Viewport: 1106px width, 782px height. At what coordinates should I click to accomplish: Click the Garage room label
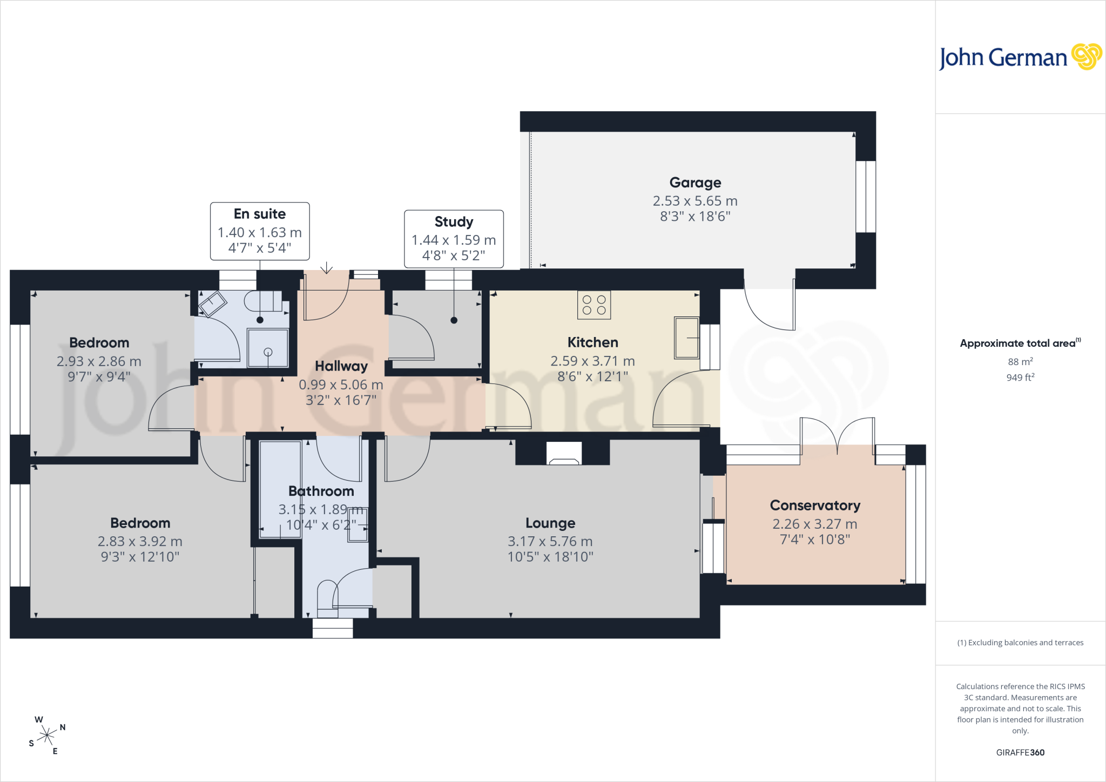(695, 183)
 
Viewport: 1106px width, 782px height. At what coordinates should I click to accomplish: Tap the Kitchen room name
(592, 342)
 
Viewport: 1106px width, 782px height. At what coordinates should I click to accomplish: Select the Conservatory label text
(815, 505)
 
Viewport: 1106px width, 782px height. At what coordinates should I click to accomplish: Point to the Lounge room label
(550, 523)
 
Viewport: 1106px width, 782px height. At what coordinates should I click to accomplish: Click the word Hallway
(341, 366)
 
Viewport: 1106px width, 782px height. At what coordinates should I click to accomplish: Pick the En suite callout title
(260, 214)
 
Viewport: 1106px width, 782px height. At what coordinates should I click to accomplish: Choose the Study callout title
(454, 222)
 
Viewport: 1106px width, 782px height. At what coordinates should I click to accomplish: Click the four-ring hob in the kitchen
(594, 305)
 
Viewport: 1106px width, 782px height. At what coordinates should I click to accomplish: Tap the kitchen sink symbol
(686, 338)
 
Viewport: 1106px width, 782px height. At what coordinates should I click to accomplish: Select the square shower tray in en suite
(268, 348)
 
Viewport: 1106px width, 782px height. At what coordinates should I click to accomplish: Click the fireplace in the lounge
(564, 453)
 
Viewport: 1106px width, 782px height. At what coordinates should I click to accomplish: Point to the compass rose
(47, 735)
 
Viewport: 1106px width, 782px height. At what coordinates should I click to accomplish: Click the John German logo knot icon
(1087, 57)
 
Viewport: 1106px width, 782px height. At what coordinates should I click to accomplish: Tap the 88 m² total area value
(1020, 362)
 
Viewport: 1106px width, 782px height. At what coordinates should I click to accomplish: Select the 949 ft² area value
(1020, 377)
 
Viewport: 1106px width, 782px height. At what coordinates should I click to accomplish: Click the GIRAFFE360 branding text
(1020, 752)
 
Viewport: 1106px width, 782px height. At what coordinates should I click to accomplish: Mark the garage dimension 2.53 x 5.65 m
(695, 201)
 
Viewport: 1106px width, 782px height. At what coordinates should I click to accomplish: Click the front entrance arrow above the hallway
(326, 268)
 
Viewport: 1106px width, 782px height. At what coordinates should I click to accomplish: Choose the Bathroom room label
(321, 491)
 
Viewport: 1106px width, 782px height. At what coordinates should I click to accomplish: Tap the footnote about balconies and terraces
(1020, 643)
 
